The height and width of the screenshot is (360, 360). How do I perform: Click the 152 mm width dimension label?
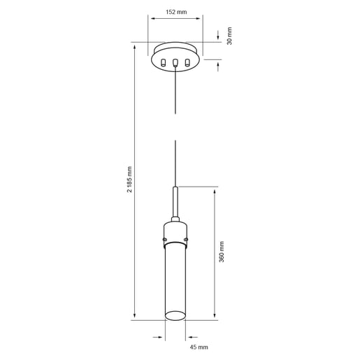[175, 11]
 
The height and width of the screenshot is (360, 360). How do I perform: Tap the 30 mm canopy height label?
[229, 36]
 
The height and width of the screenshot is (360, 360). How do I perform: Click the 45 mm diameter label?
[199, 346]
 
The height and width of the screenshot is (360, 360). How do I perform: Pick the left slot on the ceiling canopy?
[164, 64]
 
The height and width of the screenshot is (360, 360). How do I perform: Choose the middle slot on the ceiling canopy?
[175, 64]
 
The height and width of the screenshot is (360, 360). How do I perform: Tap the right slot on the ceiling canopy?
[187, 64]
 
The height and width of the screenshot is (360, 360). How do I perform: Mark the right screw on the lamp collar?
[187, 240]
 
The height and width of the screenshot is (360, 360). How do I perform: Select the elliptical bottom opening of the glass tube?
[175, 317]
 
